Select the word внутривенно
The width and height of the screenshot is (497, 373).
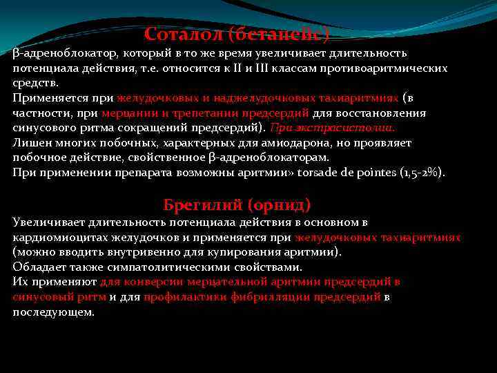click(x=166, y=252)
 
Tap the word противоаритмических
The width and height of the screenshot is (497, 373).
click(x=390, y=68)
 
